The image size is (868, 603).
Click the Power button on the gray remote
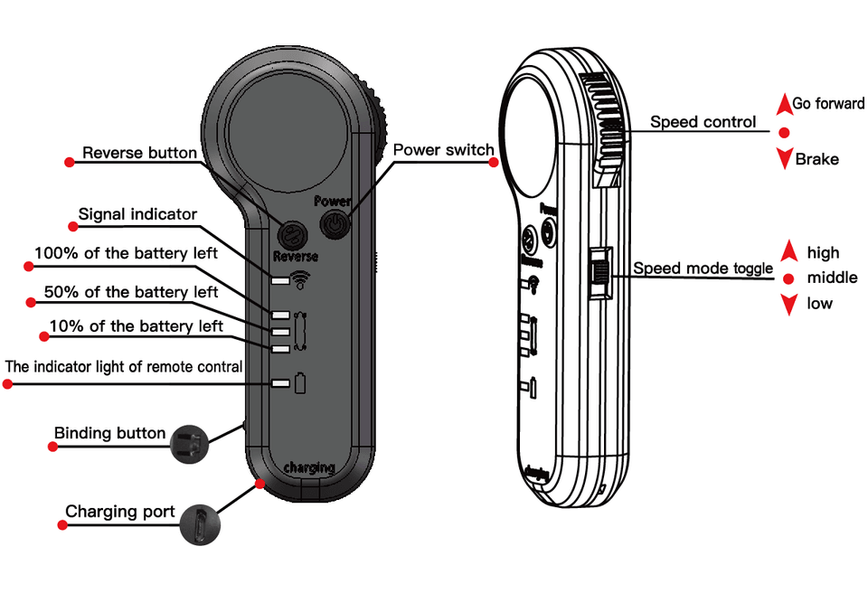point(335,223)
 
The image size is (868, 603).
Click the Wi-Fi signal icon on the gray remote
point(301,279)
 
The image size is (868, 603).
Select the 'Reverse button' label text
point(139,153)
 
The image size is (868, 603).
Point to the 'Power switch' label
point(443,149)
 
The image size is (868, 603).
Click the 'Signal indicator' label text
point(137,214)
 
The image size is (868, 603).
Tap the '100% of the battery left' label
point(126,253)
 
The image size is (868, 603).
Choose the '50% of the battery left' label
point(131,292)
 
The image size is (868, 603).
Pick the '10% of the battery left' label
point(137,325)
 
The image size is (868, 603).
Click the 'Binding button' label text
point(109,433)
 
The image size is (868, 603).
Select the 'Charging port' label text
point(120,512)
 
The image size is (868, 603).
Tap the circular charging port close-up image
point(198,523)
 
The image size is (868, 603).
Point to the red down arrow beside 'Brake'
point(784,160)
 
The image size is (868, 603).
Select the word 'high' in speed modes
point(823,253)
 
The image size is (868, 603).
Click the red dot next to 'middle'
point(788,279)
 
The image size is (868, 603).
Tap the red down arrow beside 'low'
point(788,305)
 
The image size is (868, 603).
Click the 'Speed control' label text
point(703,122)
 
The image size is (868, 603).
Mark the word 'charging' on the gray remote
point(309,467)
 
